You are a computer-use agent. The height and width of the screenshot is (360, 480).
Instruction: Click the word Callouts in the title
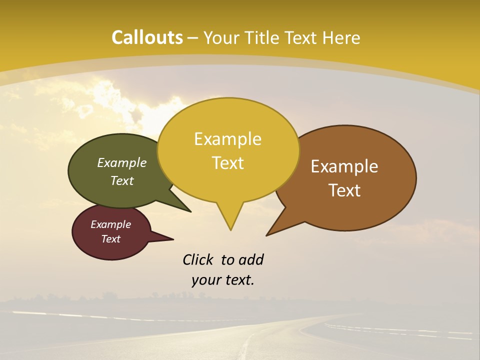coord(147,37)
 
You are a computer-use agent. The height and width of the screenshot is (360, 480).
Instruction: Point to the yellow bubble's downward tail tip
coord(230,230)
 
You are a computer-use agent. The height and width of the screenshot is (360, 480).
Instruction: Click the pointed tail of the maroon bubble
coord(172,239)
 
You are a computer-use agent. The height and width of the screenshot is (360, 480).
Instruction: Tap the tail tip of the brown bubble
coord(267,235)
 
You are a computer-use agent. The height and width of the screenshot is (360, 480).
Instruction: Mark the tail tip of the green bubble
coord(190,211)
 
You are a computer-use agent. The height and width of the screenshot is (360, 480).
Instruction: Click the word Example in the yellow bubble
coord(227,139)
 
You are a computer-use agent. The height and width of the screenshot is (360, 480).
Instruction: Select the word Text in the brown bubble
coord(344,190)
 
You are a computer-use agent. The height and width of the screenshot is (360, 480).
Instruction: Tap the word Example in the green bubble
coord(121,163)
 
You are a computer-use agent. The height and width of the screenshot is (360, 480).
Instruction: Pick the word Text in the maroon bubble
coord(110,239)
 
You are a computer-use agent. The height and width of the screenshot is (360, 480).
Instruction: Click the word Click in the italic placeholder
coord(198,259)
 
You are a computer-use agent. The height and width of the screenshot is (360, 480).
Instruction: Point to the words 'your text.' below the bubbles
coord(222,280)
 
